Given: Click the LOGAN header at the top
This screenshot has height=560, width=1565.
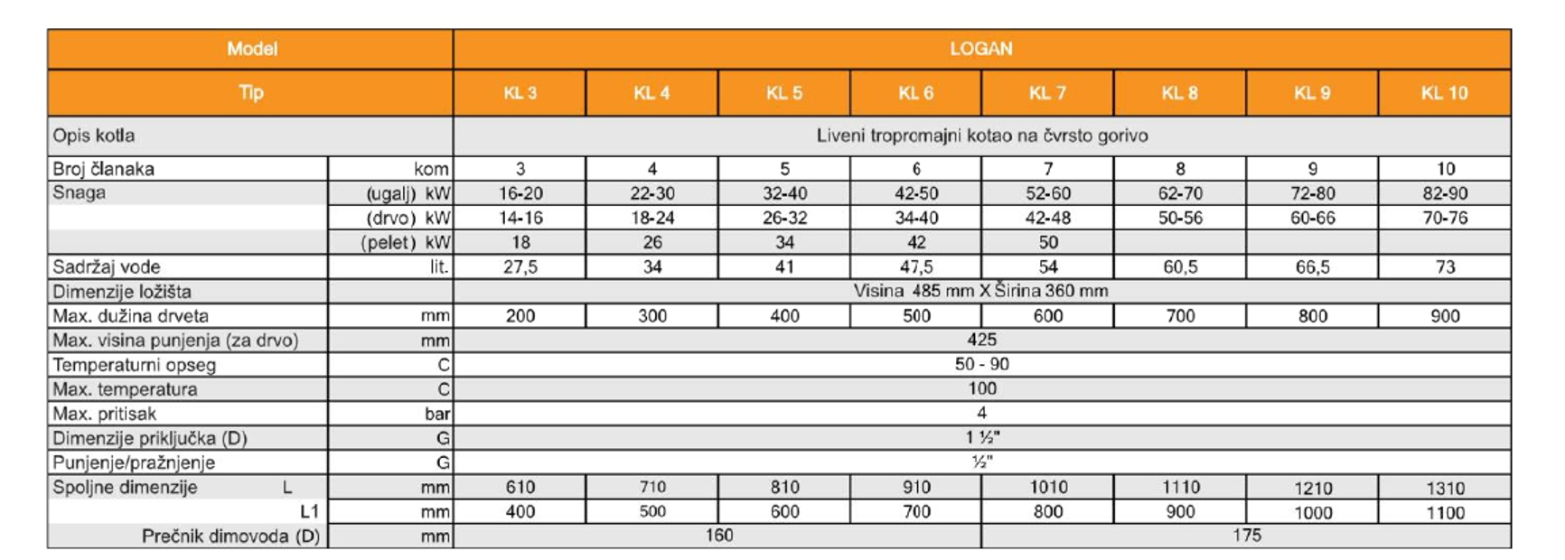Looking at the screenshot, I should pos(980,49).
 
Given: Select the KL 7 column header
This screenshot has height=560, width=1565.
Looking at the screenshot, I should pos(1047,93).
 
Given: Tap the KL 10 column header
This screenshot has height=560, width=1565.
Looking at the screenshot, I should pos(1444,93).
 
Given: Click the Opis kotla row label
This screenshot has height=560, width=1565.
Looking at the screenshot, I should pos(94,135).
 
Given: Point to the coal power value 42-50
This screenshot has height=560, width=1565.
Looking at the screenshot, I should pos(916,193).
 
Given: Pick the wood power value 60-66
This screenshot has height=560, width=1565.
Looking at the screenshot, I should pos(1312,218).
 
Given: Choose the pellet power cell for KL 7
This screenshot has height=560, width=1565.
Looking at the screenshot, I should pos(1047,242).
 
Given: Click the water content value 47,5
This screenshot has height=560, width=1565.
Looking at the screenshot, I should pos(916,267).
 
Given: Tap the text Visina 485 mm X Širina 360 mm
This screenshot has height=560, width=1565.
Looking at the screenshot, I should pos(980,291).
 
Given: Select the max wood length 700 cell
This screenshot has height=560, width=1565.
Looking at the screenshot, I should pos(1180,316).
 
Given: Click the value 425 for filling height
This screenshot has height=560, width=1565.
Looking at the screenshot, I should pos(981,340).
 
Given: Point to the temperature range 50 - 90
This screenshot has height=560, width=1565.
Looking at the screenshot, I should pos(981,364).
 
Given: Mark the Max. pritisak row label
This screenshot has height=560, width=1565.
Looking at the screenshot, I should pos(105,414).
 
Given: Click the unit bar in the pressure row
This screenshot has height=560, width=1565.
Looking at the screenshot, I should pos(437,414).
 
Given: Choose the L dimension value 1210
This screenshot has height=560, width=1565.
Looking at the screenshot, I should pos(1312,488).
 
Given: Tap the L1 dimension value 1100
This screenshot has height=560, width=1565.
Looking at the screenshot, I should pos(1444,512).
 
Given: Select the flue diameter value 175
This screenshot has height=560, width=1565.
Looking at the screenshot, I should pos(1246,536).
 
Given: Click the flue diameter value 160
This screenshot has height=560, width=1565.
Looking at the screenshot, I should pos(718,536).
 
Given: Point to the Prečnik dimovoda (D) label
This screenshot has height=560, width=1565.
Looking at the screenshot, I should pos(230,536).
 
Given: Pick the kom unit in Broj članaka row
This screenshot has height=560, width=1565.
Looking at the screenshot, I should pos(431,169).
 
